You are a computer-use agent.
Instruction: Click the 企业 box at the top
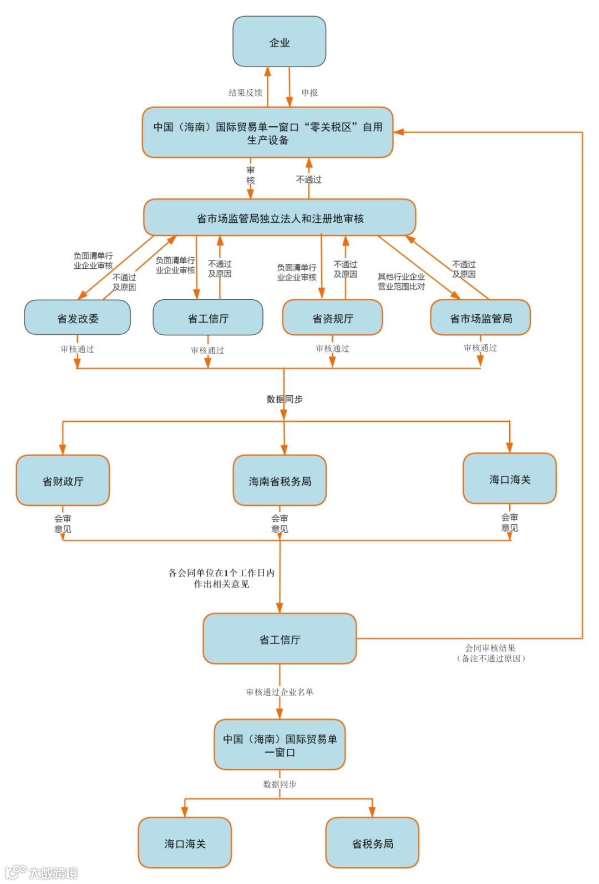click(279, 42)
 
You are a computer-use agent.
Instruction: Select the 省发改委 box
click(78, 318)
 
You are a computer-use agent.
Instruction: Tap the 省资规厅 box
click(332, 318)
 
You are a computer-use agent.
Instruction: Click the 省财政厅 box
click(63, 481)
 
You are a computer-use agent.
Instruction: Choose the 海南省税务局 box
click(280, 481)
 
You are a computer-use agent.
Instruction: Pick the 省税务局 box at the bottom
click(372, 843)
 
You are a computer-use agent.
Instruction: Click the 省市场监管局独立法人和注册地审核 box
click(280, 218)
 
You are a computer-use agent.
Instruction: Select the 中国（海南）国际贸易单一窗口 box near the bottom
click(280, 745)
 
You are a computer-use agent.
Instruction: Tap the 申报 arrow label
click(309, 93)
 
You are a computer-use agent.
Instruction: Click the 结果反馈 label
click(245, 93)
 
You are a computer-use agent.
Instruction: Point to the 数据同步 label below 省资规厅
click(285, 399)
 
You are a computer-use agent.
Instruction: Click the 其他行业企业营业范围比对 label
click(401, 282)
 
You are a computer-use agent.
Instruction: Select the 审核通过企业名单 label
click(280, 692)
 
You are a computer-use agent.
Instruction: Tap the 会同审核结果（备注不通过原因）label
click(491, 653)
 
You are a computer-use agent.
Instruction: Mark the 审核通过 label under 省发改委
click(77, 349)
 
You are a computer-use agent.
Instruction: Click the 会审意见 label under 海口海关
click(510, 522)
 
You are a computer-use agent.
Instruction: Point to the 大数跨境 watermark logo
click(42, 872)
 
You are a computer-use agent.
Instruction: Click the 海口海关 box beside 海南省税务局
click(510, 479)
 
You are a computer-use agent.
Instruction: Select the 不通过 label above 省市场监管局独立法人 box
click(309, 179)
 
